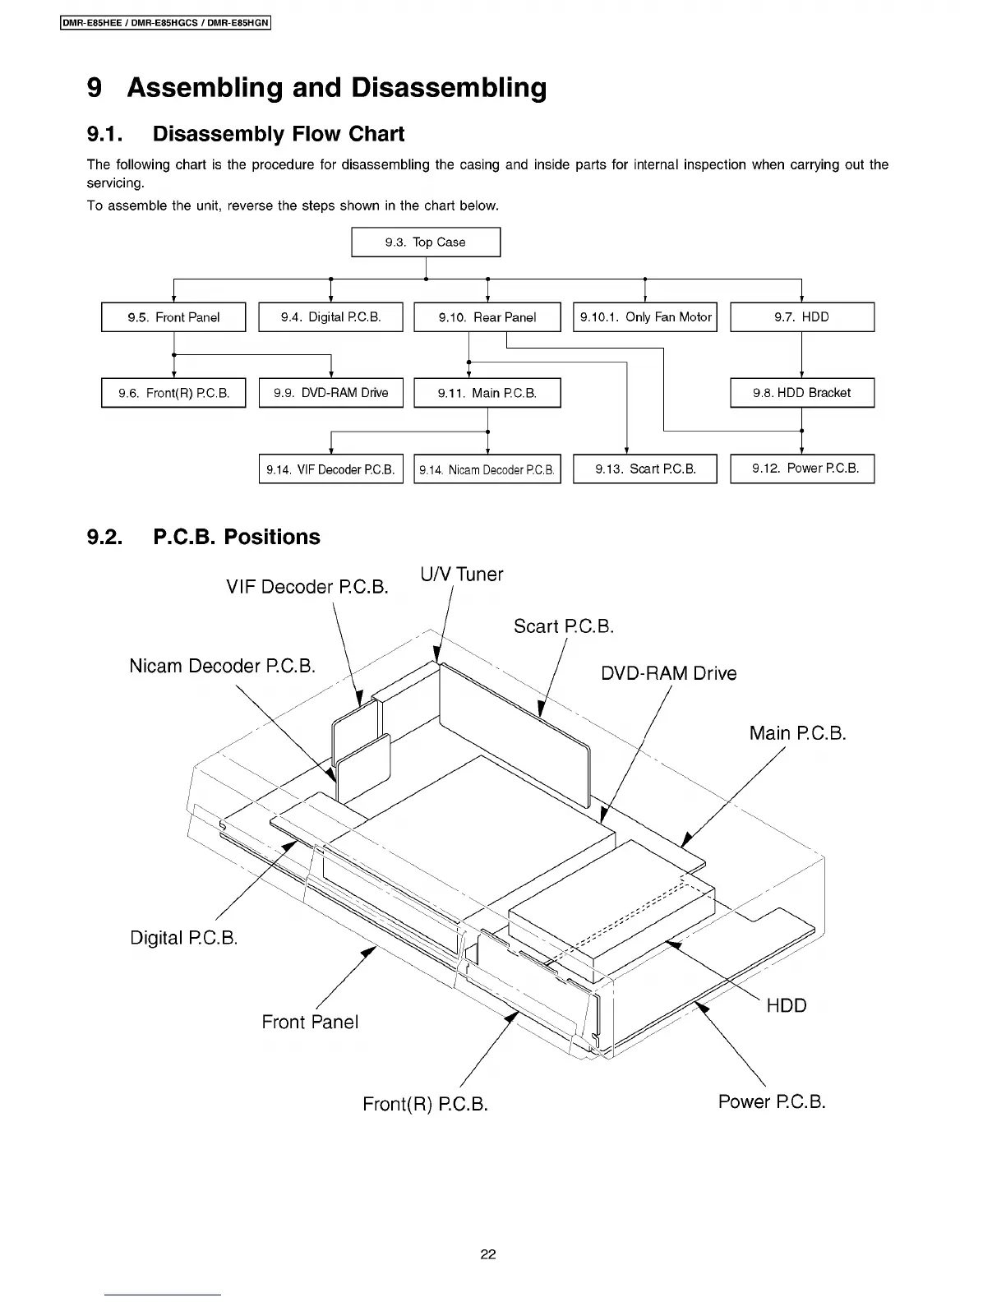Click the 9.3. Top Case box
coord(426,242)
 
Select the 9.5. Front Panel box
coord(173,317)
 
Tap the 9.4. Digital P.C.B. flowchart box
coord(330,317)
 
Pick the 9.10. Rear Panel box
coord(487,317)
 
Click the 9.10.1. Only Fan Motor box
coord(645,317)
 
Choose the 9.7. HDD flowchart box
coord(802,317)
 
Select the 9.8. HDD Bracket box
coord(802,393)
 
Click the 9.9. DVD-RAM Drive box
coord(330,393)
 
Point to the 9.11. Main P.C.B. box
coord(487,393)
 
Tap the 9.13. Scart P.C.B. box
coord(645,469)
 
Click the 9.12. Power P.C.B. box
coord(802,469)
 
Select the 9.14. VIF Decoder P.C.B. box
coord(330,469)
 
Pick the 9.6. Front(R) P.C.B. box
coord(173,393)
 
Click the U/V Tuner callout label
coord(461,575)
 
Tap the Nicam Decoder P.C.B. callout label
coord(222,666)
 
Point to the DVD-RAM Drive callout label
coord(668,674)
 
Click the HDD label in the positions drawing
coord(787,1006)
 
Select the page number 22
coord(488,1254)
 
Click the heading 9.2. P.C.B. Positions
coord(203,537)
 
